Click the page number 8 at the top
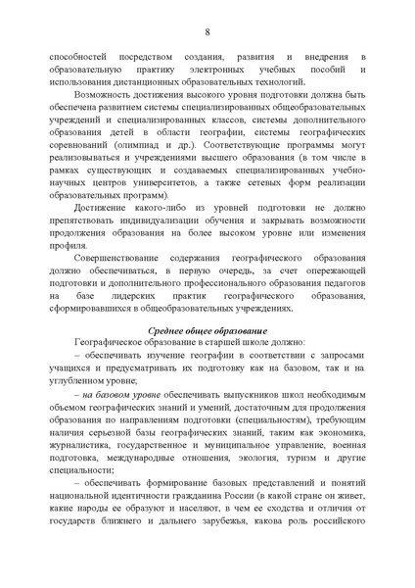click(x=207, y=31)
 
